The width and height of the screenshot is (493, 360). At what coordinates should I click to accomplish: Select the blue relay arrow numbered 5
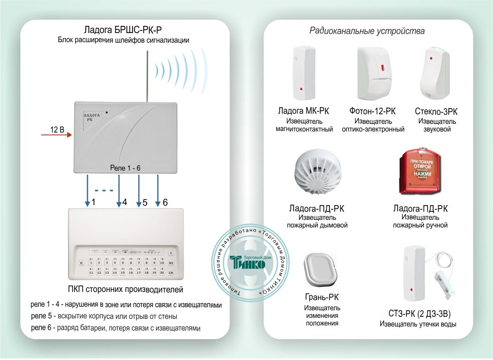tap(138, 190)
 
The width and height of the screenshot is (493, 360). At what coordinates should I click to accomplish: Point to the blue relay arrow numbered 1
tap(88, 190)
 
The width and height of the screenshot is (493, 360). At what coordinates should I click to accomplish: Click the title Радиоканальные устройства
tap(367, 31)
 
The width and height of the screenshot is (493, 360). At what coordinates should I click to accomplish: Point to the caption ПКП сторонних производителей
tap(125, 289)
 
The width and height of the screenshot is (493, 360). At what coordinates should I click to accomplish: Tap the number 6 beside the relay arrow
tap(166, 203)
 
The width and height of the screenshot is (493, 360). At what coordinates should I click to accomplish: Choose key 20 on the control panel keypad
tap(162, 273)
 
